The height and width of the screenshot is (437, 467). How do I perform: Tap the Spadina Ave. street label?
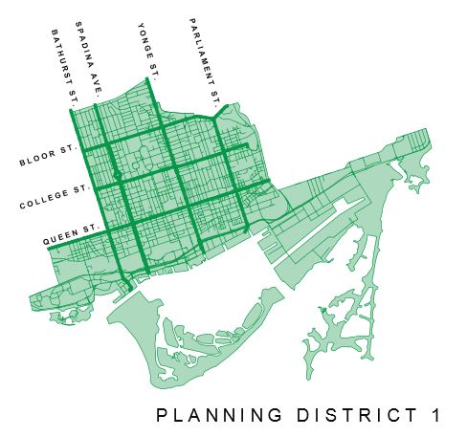[92, 59]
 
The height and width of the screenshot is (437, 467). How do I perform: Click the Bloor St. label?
[47, 157]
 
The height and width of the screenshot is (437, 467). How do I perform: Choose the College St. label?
[54, 197]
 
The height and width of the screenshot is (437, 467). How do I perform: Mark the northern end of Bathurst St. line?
[73, 110]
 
